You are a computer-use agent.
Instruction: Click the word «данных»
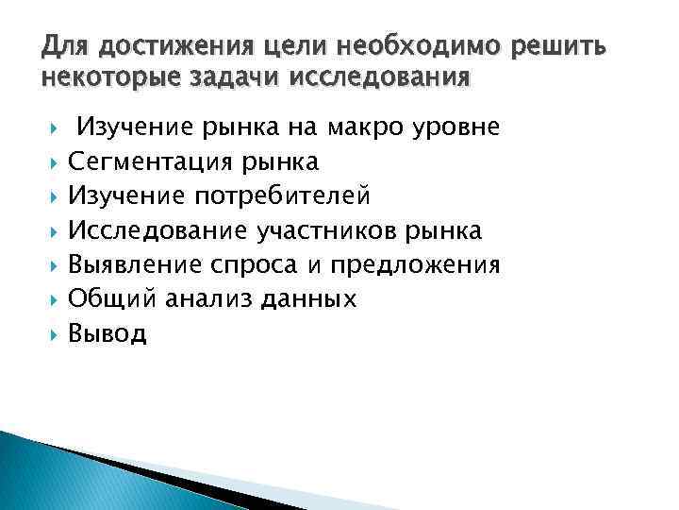click(x=306, y=299)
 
